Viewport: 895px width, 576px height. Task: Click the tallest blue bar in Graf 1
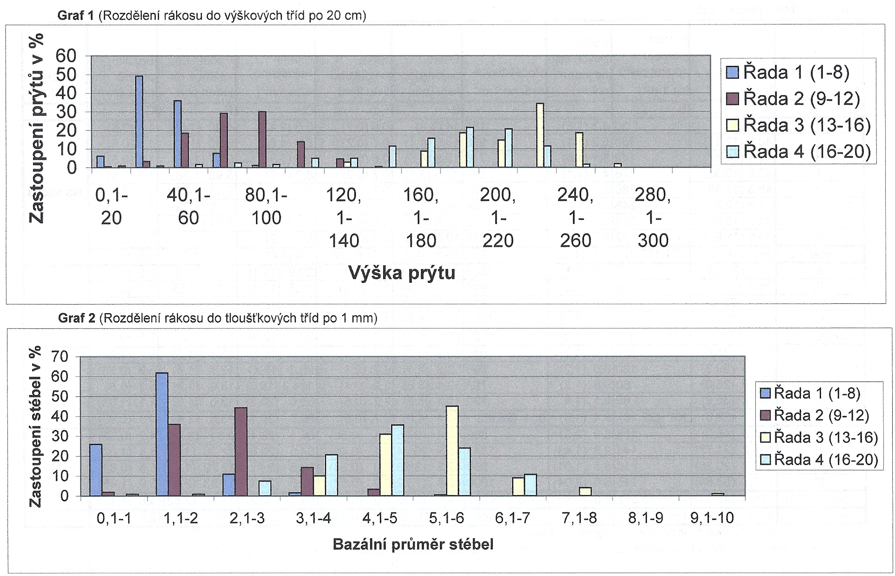click(139, 122)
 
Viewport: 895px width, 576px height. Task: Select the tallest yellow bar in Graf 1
click(540, 135)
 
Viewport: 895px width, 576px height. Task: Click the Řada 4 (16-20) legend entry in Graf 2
click(819, 460)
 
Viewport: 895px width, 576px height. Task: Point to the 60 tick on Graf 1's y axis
click(66, 56)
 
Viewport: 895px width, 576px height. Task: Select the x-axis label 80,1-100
click(266, 207)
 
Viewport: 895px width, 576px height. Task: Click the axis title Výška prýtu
click(401, 273)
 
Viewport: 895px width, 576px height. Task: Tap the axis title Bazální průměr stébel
click(413, 544)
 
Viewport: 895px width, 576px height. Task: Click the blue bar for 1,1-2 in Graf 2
click(162, 435)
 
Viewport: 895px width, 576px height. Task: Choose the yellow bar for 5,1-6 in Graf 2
click(452, 451)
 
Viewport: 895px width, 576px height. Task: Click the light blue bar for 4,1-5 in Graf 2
click(398, 461)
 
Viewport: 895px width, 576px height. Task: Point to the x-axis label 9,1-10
click(712, 518)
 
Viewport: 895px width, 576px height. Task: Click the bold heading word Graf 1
click(76, 16)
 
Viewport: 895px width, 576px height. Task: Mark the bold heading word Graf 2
click(77, 318)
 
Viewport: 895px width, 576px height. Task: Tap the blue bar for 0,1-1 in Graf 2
click(95, 470)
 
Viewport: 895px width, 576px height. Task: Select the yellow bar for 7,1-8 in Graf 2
click(585, 492)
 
